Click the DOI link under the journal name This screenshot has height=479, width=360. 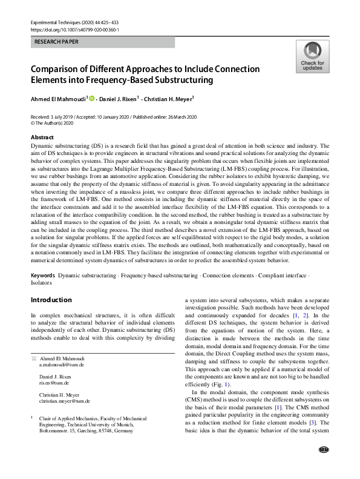coord(74,29)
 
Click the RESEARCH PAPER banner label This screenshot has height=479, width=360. coord(56,43)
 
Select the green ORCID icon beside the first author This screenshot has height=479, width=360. coord(92,97)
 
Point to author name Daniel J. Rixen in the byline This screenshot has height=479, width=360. coord(119,97)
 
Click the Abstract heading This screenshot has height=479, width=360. coord(42,137)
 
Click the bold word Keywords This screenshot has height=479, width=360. coord(44,276)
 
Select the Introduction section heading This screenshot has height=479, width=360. coord(51,300)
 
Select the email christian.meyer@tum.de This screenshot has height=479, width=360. coord(65,401)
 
